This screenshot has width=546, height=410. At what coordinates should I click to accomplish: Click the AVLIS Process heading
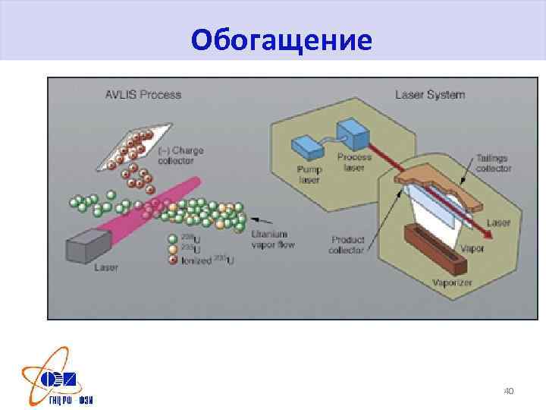point(143,95)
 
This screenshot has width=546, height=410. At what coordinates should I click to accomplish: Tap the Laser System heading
point(430,95)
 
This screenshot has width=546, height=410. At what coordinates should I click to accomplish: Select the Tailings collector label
point(494,163)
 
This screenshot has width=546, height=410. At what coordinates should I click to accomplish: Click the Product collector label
point(347,245)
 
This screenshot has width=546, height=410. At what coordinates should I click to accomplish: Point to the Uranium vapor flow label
point(272,239)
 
